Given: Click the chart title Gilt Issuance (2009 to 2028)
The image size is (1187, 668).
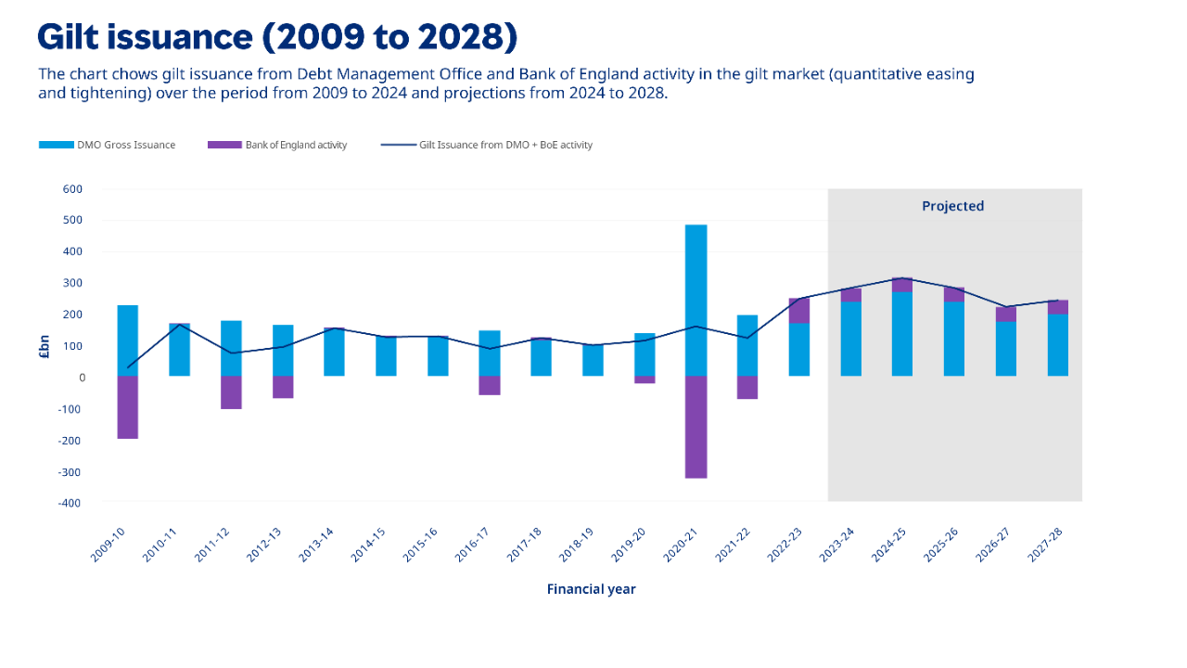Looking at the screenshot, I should tap(276, 37).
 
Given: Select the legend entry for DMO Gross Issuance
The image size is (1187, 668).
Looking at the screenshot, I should tap(108, 145).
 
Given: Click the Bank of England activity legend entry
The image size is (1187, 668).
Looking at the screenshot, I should tap(278, 145).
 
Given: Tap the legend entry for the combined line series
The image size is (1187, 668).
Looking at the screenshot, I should tap(487, 145).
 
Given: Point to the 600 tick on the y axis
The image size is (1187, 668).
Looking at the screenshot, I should tap(72, 189).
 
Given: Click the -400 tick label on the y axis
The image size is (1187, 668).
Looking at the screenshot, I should tap(70, 502).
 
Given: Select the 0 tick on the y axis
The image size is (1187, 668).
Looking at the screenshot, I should tap(82, 378).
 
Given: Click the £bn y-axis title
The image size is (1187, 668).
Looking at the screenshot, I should tap(44, 346).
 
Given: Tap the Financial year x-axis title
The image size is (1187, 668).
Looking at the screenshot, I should tap(591, 589).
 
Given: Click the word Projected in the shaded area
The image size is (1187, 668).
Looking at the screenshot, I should tap(952, 206).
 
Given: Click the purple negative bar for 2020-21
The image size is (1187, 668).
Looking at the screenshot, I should tap(696, 427).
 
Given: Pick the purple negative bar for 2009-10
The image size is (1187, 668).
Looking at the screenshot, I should tap(128, 407).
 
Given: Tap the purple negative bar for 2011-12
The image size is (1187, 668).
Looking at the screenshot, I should tap(232, 392).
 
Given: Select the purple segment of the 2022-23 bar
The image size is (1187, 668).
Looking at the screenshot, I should tap(799, 310).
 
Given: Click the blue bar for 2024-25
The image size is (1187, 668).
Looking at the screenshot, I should tap(902, 334).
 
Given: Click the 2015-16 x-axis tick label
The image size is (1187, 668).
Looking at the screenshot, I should tap(421, 542).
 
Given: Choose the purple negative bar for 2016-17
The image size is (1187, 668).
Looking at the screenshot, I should tap(490, 386).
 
